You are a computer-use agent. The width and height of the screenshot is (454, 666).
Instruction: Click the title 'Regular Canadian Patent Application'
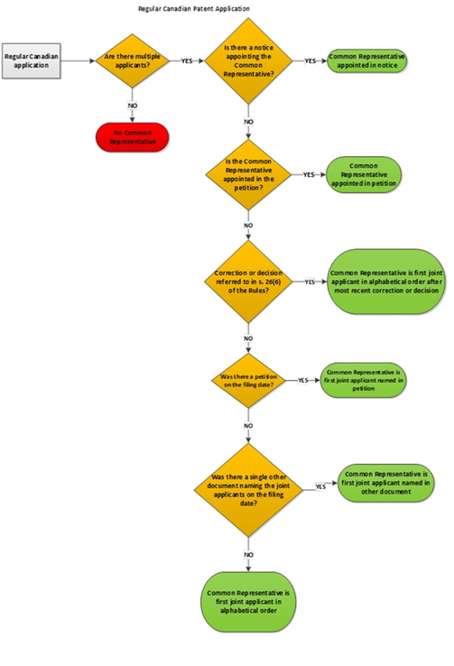[194, 8]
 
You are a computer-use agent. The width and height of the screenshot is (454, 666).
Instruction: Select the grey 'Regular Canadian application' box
[31, 61]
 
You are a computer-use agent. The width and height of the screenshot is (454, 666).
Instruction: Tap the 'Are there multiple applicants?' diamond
[133, 60]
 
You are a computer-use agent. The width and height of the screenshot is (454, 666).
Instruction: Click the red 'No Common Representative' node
[133, 137]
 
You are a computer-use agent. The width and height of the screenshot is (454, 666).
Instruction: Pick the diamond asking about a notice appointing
[247, 60]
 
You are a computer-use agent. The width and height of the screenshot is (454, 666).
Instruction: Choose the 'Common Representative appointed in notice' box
[366, 60]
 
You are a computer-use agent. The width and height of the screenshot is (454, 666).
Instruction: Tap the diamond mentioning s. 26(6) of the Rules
[247, 281]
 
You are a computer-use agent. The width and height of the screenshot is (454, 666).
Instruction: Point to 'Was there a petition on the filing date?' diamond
[247, 381]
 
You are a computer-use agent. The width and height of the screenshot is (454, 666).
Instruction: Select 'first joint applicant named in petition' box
[363, 381]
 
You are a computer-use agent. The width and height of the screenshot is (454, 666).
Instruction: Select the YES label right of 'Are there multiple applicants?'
[187, 61]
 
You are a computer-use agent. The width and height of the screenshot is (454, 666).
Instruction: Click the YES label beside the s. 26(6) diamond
[310, 282]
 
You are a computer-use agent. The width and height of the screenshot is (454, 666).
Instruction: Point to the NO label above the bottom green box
[247, 552]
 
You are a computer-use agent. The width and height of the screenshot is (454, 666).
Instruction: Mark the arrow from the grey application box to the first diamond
[77, 61]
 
